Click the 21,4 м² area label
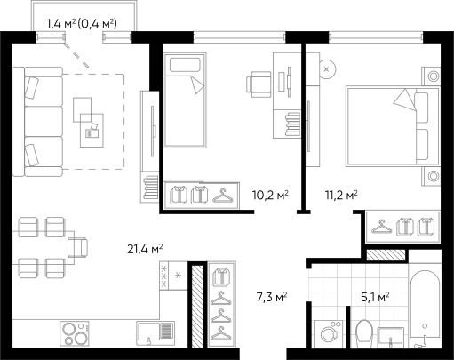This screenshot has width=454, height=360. click(145, 249)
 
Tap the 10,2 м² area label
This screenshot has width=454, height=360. click(270, 195)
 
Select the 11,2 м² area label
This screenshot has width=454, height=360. click(341, 195)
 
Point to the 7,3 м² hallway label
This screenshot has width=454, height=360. click(272, 297)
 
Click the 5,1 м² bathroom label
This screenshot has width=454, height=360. click(375, 297)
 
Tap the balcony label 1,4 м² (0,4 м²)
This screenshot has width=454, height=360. click(82, 24)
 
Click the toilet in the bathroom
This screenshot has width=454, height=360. click(364, 334)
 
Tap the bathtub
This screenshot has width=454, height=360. click(425, 309)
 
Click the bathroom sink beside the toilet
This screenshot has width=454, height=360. click(391, 337)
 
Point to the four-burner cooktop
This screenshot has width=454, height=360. click(75, 333)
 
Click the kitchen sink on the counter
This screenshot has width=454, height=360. click(155, 333)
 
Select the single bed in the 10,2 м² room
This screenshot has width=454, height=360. click(185, 100)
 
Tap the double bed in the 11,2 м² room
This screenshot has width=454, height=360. click(393, 126)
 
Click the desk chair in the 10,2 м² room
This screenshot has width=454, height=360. click(259, 84)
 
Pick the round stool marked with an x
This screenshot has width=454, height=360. click(327, 69)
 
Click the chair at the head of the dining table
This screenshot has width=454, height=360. click(78, 247)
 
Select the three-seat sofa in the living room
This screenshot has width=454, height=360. click(38, 122)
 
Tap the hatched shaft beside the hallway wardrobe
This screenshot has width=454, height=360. click(197, 307)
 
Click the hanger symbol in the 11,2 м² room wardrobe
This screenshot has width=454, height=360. click(382, 227)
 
